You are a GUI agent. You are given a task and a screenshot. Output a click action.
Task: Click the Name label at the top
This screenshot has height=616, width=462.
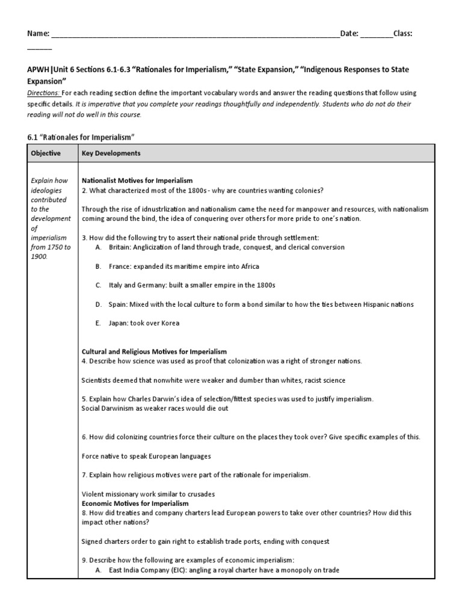pyautogui.click(x=38, y=34)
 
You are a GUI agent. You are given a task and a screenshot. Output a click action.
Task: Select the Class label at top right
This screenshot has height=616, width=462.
pyautogui.click(x=403, y=34)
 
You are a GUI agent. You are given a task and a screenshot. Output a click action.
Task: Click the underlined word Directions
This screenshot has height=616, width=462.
pyautogui.click(x=43, y=93)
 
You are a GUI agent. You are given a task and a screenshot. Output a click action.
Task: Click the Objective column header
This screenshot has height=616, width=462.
pyautogui.click(x=46, y=153)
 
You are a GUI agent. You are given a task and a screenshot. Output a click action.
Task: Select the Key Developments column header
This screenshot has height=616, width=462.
pyautogui.click(x=111, y=153)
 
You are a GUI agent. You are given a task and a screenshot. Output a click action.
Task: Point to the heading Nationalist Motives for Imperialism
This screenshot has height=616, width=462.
pyautogui.click(x=137, y=180)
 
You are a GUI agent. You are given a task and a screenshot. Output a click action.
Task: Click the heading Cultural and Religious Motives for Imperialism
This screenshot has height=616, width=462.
pyautogui.click(x=154, y=351)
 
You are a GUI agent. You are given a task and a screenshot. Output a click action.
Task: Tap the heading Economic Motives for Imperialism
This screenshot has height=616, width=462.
pyautogui.click(x=135, y=503)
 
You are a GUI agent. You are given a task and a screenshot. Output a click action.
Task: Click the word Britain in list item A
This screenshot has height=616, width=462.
pyautogui.click(x=120, y=247)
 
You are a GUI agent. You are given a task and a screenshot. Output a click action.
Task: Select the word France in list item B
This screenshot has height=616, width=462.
pyautogui.click(x=119, y=266)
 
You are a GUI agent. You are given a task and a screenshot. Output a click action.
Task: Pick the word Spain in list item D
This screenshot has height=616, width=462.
pyautogui.click(x=118, y=304)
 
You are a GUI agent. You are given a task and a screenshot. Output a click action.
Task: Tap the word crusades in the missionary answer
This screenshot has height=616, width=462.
pyautogui.click(x=200, y=494)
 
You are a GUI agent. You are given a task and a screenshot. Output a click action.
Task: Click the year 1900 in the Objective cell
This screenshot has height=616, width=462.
pyautogui.click(x=38, y=257)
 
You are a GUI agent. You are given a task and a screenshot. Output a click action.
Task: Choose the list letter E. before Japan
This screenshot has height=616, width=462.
pyautogui.click(x=98, y=323)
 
